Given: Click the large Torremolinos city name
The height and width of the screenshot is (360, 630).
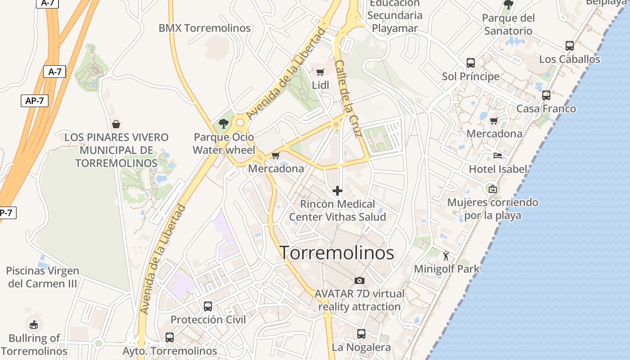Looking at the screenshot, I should [337, 253].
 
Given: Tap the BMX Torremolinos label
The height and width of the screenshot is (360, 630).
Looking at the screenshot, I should [204, 28].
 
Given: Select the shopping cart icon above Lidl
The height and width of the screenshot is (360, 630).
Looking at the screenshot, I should [320, 72].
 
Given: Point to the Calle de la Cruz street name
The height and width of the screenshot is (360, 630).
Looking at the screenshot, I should [349, 99].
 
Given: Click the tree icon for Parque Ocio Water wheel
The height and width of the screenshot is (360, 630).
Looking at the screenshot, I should [223, 124].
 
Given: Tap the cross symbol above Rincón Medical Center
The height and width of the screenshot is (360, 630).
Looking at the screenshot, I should [337, 191].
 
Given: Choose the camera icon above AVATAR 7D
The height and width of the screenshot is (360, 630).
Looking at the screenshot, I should [359, 280].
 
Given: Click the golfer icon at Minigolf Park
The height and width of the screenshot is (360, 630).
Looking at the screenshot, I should [446, 256].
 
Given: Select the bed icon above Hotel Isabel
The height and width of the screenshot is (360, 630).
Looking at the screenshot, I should [497, 156].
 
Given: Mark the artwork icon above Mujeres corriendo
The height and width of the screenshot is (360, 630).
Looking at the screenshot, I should [492, 189].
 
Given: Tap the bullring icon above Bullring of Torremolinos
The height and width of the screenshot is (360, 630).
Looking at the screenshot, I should [33, 324].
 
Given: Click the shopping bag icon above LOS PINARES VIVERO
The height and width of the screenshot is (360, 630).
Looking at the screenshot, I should [116, 124].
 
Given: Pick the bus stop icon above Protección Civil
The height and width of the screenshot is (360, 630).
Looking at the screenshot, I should [208, 306].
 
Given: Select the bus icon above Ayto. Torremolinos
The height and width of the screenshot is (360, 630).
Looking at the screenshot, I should [170, 337].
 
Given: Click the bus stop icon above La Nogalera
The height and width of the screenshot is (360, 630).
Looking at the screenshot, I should [361, 334].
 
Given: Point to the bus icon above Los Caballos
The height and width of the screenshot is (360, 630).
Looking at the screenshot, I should [570, 46].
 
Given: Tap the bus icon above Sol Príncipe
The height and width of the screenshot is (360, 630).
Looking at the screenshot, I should [471, 63].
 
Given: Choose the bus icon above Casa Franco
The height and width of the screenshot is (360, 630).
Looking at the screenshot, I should [546, 95].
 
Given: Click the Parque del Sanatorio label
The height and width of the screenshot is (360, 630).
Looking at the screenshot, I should [508, 24].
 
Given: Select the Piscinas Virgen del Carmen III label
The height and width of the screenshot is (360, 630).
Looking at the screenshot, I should [43, 277].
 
